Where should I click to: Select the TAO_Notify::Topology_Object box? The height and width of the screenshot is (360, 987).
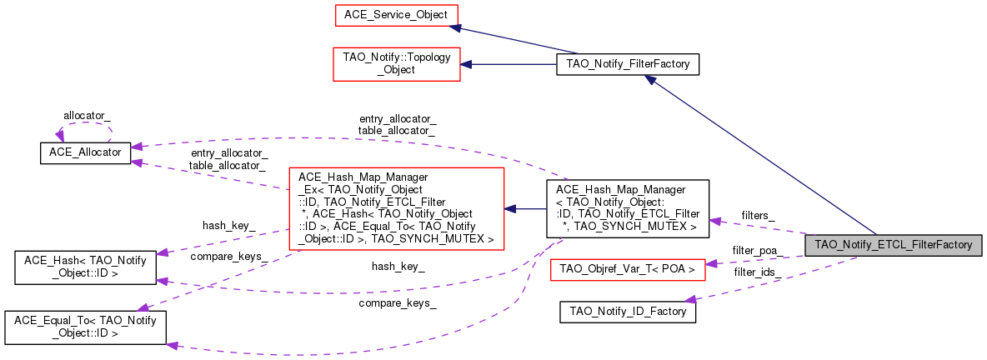397,64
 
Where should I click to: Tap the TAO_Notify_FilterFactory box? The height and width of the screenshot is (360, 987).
627,64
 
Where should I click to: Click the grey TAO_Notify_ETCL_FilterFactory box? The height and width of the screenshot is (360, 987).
893,245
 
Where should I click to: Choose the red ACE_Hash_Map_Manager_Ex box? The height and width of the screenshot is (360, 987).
396,208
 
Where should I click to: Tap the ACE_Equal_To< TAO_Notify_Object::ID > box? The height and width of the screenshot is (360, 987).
84,326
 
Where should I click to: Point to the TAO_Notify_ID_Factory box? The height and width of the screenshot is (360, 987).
627,312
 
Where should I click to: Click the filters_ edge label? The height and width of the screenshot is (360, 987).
758,215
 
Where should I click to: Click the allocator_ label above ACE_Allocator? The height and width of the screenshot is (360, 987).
88,114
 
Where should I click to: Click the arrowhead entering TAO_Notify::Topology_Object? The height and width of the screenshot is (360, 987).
468,64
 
